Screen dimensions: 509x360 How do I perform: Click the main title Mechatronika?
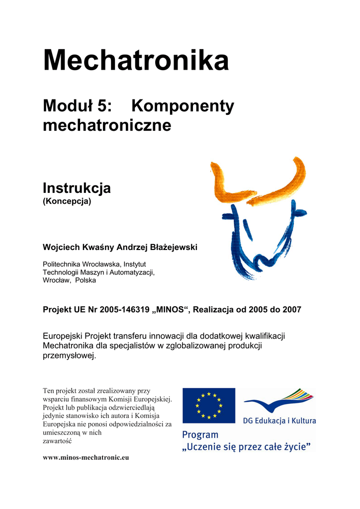(136, 61)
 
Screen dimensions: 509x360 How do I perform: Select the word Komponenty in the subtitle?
(182, 106)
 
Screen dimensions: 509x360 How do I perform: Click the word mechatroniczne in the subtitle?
(107, 125)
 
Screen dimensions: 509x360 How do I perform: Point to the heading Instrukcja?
(77, 188)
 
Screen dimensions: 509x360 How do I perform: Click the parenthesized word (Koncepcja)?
(67, 202)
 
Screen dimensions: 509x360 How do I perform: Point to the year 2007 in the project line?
(291, 309)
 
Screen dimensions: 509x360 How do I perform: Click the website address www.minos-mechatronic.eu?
(86, 457)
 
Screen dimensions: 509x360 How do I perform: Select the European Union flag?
(208, 405)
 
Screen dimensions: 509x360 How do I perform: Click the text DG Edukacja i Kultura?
(279, 421)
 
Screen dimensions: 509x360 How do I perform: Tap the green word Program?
(200, 435)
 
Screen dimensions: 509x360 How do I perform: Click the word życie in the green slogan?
(296, 446)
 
